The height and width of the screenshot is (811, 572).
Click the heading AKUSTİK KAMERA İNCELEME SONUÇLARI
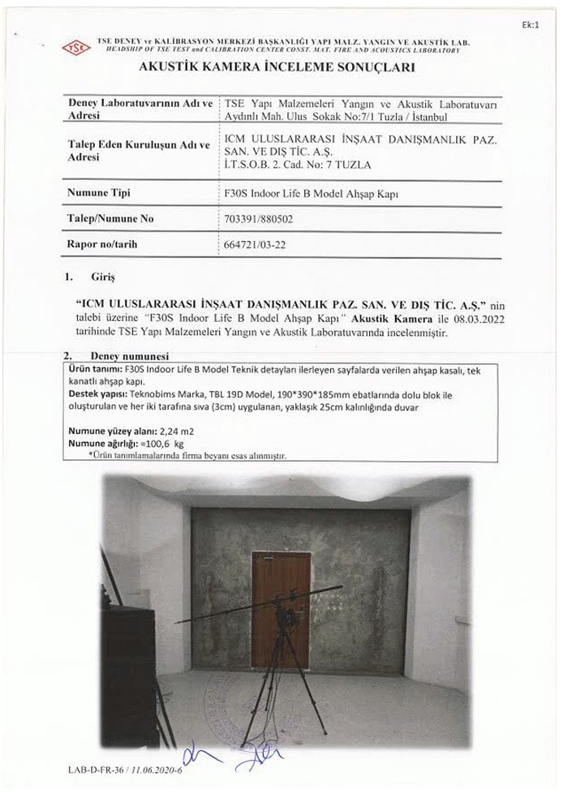pyautogui.click(x=277, y=69)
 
